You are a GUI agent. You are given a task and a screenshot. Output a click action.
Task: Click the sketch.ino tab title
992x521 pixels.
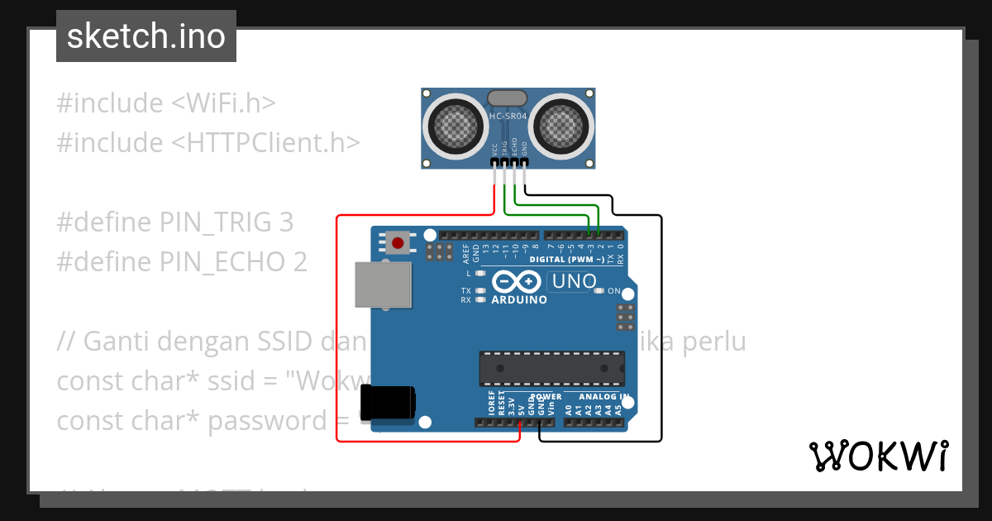[x=146, y=36]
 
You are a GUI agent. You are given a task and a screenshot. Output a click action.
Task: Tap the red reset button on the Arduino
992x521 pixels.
[x=398, y=242]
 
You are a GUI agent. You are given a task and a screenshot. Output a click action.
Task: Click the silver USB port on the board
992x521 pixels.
[x=383, y=284]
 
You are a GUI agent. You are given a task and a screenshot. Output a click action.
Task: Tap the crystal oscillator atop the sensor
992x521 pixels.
[x=508, y=98]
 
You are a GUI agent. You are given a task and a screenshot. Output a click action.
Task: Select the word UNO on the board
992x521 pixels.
[x=574, y=281]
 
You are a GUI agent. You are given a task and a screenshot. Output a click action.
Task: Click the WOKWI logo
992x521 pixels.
[x=879, y=456]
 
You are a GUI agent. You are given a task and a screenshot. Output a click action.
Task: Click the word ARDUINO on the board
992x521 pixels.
[x=519, y=299]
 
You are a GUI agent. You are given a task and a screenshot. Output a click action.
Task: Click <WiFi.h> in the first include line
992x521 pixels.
[x=223, y=103]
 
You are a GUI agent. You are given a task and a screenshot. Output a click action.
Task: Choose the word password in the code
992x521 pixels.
[x=267, y=421]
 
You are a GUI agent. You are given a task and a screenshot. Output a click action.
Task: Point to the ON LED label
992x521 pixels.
[x=614, y=291]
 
